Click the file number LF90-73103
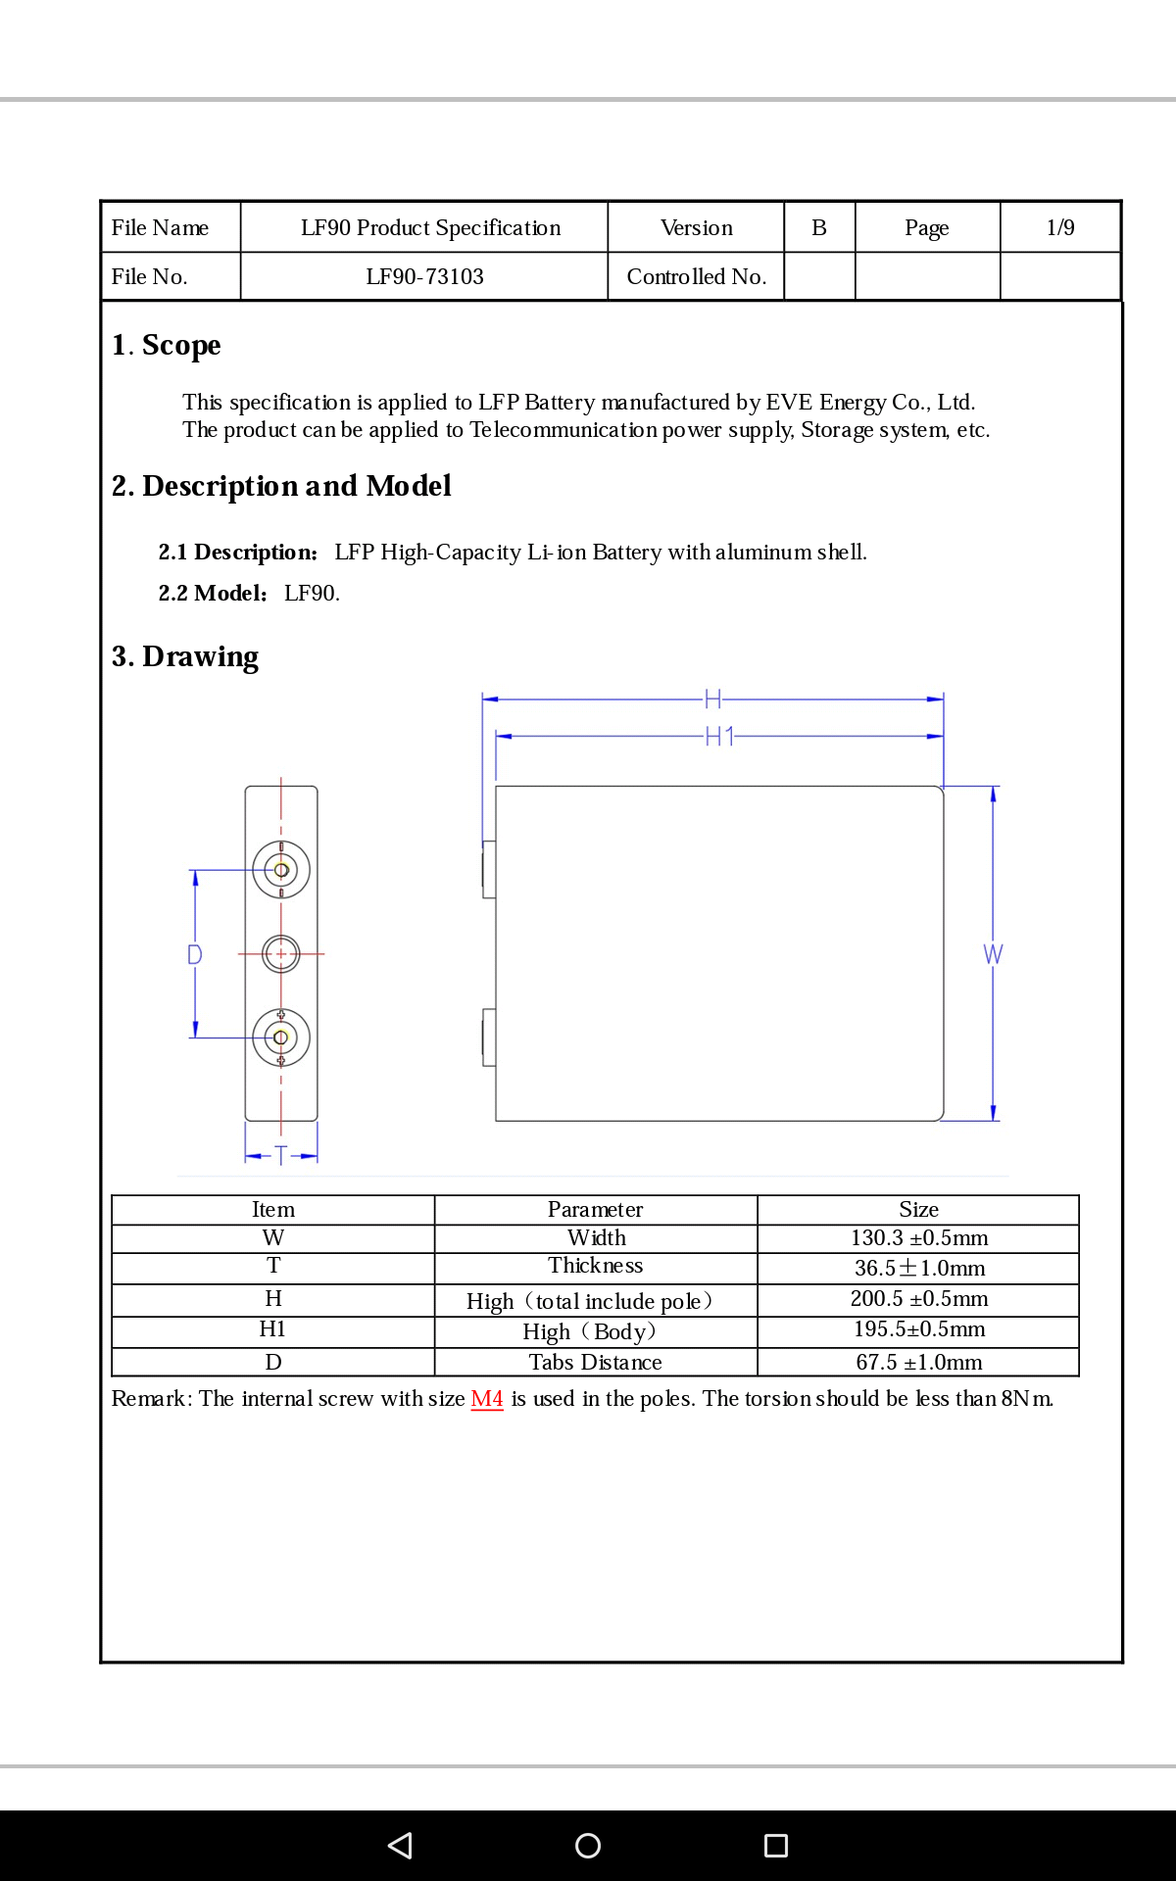coord(424,277)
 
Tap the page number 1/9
coord(1060,228)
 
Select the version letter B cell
coord(819,228)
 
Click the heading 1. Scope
coord(167,345)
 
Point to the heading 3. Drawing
coord(185,656)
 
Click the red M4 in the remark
coord(487,1399)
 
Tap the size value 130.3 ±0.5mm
coord(919,1238)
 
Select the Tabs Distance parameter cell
coord(595,1363)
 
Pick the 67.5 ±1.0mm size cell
coord(919,1363)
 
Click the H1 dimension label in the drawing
coord(720,737)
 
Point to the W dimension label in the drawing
coord(993,954)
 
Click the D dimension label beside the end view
coord(195,954)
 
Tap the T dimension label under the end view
coord(281,1156)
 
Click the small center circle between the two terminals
coord(281,953)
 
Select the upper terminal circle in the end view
coord(281,870)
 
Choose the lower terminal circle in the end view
coord(281,1037)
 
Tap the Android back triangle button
coord(400,1846)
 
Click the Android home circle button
coord(588,1846)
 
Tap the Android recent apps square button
coord(776,1846)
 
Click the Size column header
coord(919,1210)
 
